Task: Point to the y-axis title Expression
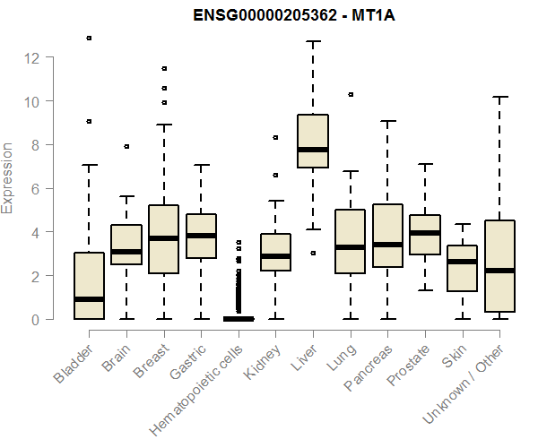[x=8, y=177]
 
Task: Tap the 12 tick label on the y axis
[x=32, y=57]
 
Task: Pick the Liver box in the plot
[x=313, y=141]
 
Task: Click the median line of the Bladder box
[x=89, y=299]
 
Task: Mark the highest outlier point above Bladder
[x=89, y=39]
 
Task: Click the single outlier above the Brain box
[x=126, y=146]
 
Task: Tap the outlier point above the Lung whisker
[x=351, y=94]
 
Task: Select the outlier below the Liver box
[x=313, y=254]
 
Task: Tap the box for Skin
[x=463, y=269]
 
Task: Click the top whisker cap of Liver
[x=313, y=41]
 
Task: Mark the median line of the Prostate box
[x=425, y=233]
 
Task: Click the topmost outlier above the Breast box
[x=164, y=68]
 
